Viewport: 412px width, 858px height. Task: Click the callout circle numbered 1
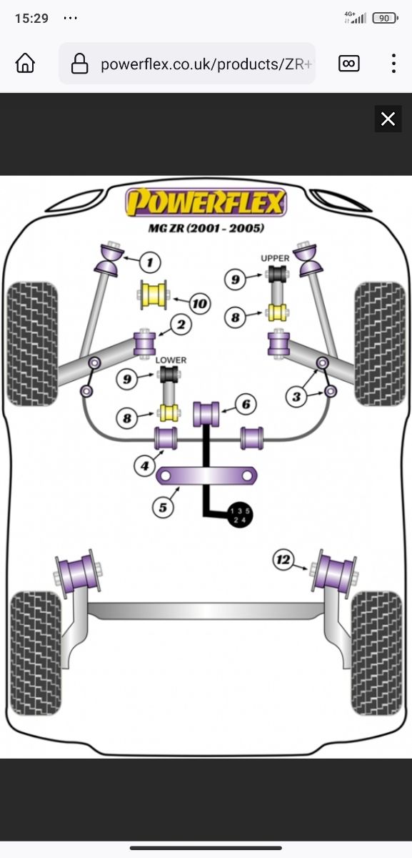[150, 262]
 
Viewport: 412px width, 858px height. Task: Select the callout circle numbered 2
[181, 326]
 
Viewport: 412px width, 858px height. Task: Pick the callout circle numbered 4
[145, 466]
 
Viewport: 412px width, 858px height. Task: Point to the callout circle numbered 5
[163, 507]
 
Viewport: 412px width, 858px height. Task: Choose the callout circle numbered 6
[246, 405]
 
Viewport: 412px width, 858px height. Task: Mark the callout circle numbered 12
[283, 560]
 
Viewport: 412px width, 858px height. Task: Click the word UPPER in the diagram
[275, 258]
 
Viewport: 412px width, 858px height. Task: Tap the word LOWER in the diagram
[171, 360]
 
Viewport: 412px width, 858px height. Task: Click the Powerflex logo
[206, 202]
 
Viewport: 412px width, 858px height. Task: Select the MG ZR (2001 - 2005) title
[206, 228]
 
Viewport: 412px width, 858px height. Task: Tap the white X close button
[388, 119]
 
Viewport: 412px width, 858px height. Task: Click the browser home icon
[25, 64]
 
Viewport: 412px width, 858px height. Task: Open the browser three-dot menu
[393, 64]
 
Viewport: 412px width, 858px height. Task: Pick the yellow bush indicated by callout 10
[151, 295]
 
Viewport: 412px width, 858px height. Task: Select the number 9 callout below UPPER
[235, 280]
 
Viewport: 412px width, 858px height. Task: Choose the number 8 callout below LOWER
[128, 418]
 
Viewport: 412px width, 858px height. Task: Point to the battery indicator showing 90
[383, 18]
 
